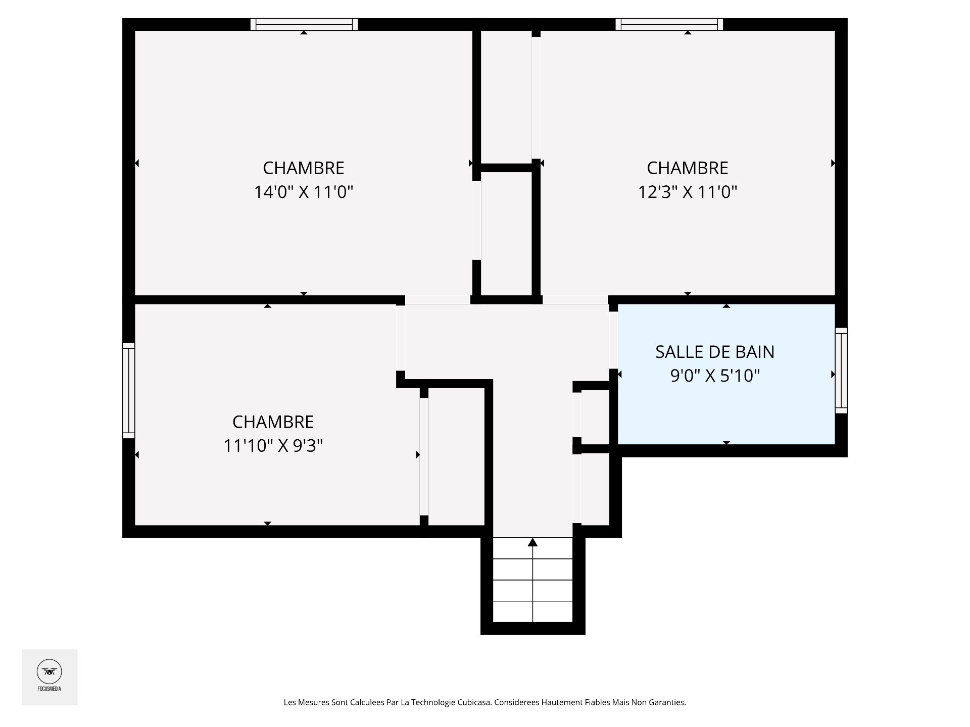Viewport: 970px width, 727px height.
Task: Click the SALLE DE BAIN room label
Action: click(x=715, y=352)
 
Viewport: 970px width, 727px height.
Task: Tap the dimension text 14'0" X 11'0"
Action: click(x=303, y=192)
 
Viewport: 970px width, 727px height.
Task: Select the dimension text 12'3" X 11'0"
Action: click(x=688, y=192)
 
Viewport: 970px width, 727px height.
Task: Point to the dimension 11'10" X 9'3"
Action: click(x=273, y=446)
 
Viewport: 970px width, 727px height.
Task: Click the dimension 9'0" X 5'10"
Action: click(x=715, y=376)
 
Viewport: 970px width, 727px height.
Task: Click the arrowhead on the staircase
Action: click(x=532, y=542)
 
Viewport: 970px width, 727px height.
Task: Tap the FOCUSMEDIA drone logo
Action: click(x=50, y=677)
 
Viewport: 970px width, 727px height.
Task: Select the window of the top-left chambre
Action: click(x=304, y=24)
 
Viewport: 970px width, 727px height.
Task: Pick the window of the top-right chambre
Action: click(x=669, y=24)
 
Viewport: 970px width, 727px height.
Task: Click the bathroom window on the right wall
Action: click(x=841, y=371)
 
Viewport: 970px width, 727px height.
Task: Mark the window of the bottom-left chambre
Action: click(x=129, y=390)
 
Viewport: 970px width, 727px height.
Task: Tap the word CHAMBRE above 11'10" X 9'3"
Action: click(x=273, y=422)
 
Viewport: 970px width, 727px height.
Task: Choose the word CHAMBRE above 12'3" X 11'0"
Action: click(x=688, y=168)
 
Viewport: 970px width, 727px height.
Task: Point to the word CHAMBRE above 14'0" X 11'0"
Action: click(x=303, y=168)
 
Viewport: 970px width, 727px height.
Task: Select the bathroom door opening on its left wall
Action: click(x=613, y=341)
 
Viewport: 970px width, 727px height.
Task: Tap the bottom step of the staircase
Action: click(x=532, y=611)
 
